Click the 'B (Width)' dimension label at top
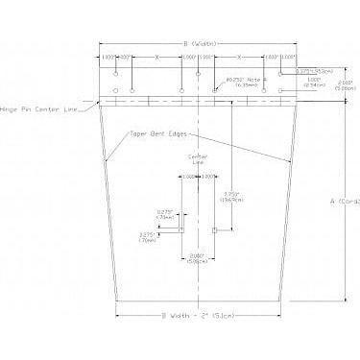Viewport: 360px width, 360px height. tap(198, 44)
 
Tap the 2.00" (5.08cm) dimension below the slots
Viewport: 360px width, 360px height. tap(197, 257)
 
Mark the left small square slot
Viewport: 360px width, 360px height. tap(183, 230)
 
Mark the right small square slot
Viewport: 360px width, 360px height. tap(212, 230)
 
